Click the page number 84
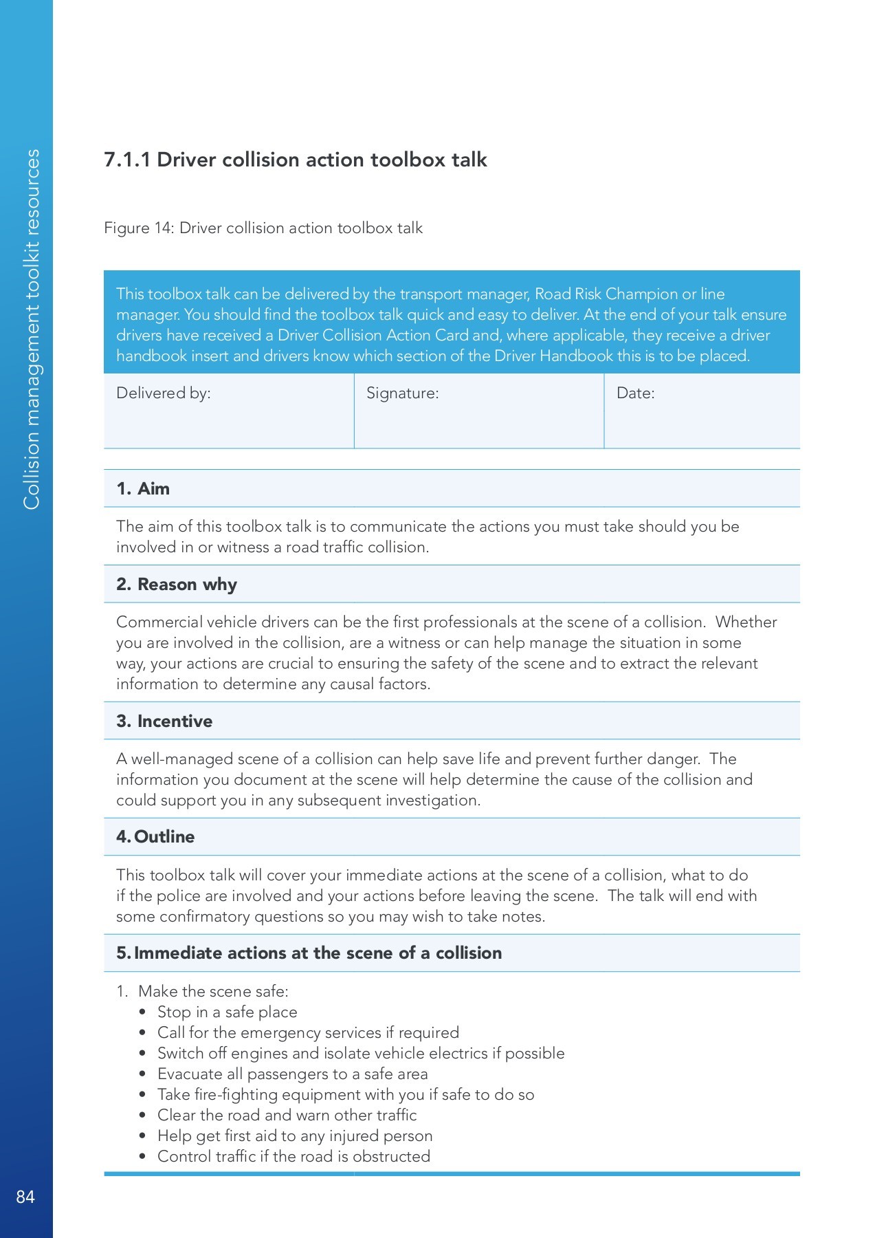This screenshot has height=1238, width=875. point(25,1197)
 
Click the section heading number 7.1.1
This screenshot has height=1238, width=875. point(127,160)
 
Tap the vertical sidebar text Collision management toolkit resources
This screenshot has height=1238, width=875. point(32,329)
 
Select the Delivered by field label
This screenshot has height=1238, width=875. point(164,393)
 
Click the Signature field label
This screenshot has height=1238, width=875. point(402,393)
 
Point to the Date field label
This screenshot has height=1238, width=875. point(635,393)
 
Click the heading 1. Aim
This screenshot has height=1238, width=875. point(143,488)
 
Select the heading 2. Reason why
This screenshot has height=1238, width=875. point(177,584)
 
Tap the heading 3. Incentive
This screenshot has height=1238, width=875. point(164,721)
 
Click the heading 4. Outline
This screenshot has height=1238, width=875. point(155,836)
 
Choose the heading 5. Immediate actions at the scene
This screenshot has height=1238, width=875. point(309,953)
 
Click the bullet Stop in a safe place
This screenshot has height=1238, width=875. point(227,1012)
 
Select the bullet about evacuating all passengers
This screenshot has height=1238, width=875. point(292,1074)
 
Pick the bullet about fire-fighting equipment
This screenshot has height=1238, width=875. point(345,1094)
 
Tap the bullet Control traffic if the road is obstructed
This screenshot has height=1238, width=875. point(293,1156)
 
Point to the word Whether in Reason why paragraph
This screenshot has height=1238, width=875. point(746,622)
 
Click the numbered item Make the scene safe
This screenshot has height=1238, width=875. point(212,991)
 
